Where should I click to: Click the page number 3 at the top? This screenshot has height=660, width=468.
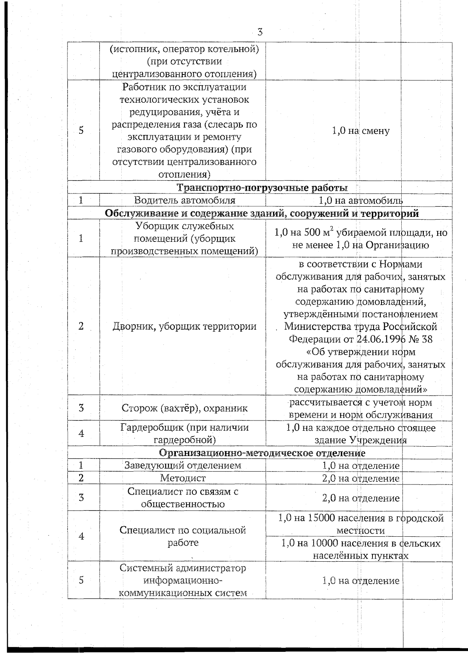pos(260,33)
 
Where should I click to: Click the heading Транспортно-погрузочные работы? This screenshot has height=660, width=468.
pos(262,188)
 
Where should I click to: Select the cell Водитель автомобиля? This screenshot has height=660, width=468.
pos(184,200)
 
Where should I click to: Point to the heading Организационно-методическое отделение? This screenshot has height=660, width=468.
pos(262,453)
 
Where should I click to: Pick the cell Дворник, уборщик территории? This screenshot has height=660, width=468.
pos(184,326)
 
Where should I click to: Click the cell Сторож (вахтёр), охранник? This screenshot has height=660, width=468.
pos(184,408)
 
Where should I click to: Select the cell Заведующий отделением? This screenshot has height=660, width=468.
pos(183,465)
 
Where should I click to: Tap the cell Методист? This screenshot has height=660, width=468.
pos(183,478)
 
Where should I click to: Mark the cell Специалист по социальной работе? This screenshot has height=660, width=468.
pos(183,536)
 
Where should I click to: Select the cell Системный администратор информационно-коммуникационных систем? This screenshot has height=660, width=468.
pos(183,580)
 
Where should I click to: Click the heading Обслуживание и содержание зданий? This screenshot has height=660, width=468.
pos(262,213)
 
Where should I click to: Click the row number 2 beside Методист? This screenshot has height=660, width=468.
pos(81,478)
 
